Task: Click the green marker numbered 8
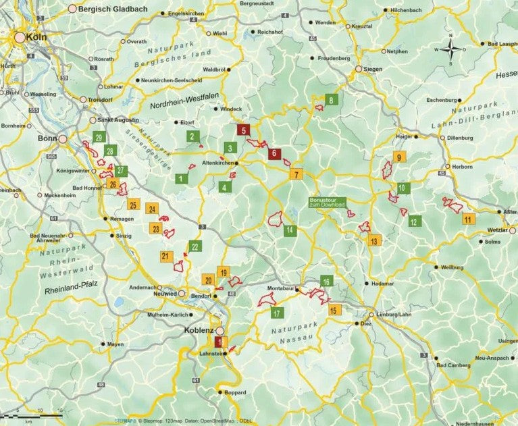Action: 331,101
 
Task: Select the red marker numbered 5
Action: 244,130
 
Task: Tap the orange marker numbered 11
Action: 467,219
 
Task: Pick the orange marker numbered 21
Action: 165,257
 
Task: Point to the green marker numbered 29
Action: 99,138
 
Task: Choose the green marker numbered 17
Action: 276,313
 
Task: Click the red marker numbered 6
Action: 274,154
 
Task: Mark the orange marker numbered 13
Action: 375,240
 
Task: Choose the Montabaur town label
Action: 282,289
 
